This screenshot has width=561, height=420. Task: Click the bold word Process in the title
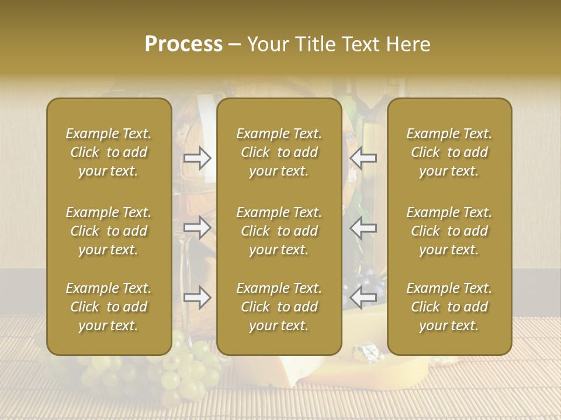[x=183, y=44]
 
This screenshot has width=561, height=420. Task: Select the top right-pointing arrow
[x=197, y=158]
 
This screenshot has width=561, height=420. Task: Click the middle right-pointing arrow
[x=197, y=228]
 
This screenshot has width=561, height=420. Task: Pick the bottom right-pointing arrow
[x=197, y=298]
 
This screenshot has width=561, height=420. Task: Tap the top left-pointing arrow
[x=363, y=158]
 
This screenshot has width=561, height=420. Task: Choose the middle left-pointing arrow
[x=363, y=228]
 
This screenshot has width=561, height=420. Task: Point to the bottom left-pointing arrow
[x=363, y=298]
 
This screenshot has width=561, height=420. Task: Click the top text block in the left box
[x=109, y=152]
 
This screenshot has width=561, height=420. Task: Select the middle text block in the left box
[x=109, y=231]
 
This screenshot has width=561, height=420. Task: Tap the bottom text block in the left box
[x=109, y=307]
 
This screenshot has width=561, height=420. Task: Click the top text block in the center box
[x=279, y=152]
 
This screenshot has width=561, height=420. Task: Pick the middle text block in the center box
[x=279, y=231]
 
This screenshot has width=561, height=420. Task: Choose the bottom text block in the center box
[x=279, y=307]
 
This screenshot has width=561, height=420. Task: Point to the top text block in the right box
[x=449, y=152]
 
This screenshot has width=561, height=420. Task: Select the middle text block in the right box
[x=449, y=231]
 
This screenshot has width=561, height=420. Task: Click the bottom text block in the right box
[x=449, y=307]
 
